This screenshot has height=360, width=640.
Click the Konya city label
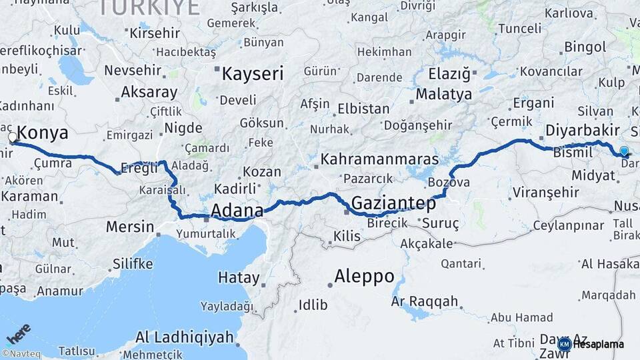(x=43, y=133)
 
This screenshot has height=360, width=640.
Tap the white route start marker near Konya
(x=13, y=137)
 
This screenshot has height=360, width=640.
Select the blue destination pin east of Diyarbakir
(x=623, y=151)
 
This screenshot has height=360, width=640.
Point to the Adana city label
(x=237, y=211)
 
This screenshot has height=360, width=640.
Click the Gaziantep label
(x=393, y=202)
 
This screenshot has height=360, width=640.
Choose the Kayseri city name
(x=253, y=73)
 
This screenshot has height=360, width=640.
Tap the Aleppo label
(x=364, y=275)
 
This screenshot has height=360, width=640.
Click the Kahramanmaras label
(x=379, y=159)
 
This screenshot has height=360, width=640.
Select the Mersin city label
(x=130, y=227)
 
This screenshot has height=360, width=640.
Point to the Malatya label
(x=443, y=94)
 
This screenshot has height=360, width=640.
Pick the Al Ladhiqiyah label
(x=185, y=337)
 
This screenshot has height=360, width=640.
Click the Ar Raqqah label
(x=425, y=301)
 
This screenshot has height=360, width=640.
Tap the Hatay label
(x=239, y=278)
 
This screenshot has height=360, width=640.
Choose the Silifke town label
(x=132, y=264)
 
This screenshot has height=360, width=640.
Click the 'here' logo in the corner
(x=18, y=333)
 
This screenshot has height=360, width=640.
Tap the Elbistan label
(x=363, y=109)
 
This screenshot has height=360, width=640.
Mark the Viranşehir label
(x=545, y=193)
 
